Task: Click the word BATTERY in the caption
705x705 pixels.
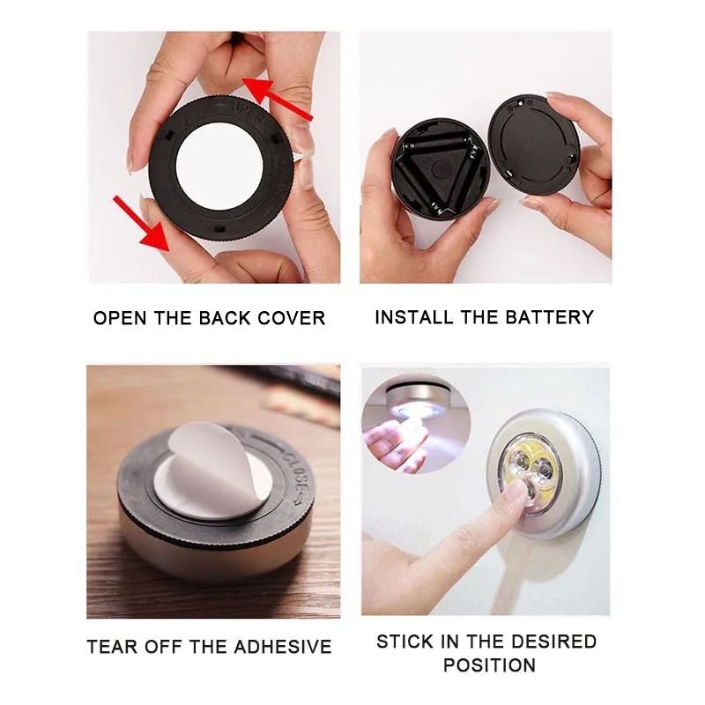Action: click(x=553, y=317)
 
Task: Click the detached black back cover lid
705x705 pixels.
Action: click(x=533, y=145)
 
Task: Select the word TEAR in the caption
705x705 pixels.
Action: click(x=112, y=647)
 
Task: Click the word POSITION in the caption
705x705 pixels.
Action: click(x=486, y=664)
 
